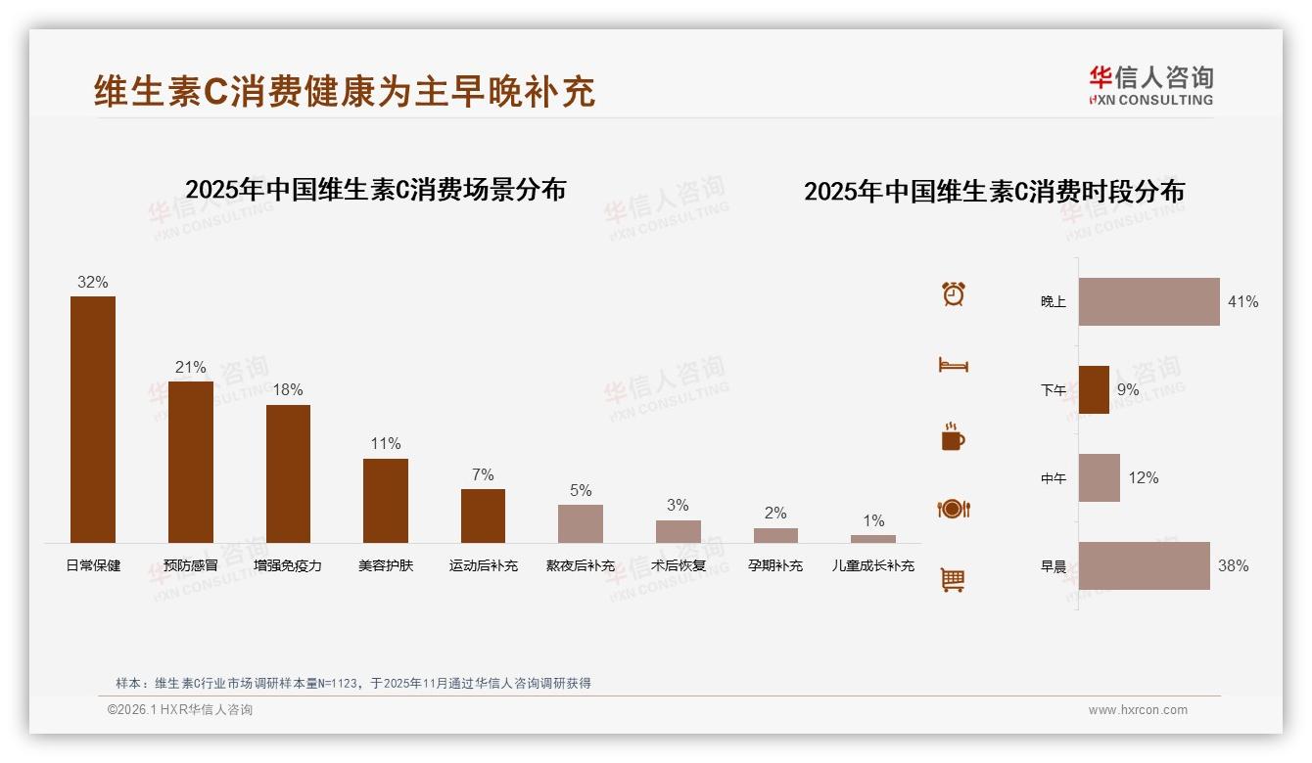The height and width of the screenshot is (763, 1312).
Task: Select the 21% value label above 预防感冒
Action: (x=191, y=368)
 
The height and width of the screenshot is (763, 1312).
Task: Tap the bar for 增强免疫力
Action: (x=288, y=473)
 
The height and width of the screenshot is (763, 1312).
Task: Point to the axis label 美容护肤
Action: (x=386, y=565)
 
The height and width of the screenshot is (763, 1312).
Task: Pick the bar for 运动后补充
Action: (x=483, y=516)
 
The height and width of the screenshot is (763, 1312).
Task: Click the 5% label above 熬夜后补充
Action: (x=581, y=491)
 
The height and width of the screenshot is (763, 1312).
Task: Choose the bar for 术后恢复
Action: (x=678, y=531)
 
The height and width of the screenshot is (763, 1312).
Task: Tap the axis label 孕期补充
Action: (x=775, y=565)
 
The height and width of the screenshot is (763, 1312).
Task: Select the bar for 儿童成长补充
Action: (x=872, y=539)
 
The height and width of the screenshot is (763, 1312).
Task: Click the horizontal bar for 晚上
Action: (x=1148, y=301)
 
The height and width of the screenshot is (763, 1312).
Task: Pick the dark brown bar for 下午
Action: (x=1094, y=389)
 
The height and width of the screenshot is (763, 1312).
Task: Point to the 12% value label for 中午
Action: (x=1144, y=478)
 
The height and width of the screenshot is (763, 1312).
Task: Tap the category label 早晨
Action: (x=1054, y=566)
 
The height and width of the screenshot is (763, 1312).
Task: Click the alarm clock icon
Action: (x=954, y=293)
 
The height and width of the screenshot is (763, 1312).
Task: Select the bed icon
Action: (x=954, y=365)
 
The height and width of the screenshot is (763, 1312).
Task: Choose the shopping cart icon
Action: (x=954, y=580)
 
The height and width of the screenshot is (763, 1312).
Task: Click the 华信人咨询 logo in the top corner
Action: (x=1150, y=85)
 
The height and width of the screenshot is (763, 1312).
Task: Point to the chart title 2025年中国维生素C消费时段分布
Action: (x=994, y=191)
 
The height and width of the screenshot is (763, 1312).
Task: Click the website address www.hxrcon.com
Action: (x=1138, y=710)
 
